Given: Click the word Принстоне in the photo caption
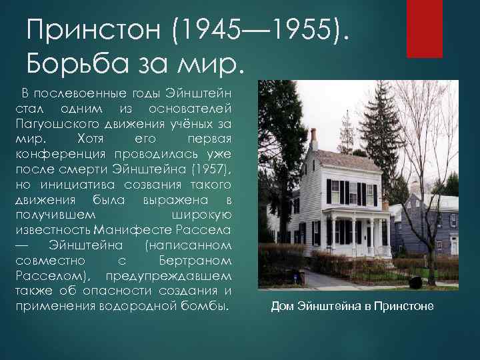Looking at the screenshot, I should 403,307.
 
